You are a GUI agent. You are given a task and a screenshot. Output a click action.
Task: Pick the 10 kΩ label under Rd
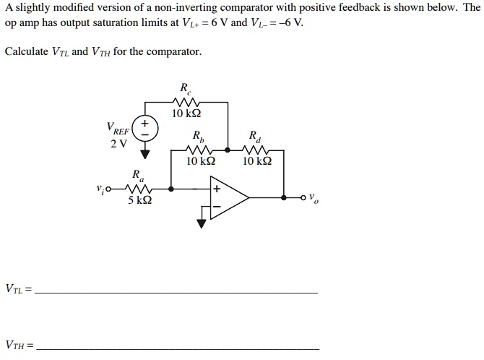pyautogui.click(x=256, y=161)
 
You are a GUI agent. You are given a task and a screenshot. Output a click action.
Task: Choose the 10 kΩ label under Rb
pyautogui.click(x=199, y=161)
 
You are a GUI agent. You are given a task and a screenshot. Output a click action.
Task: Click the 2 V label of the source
pyautogui.click(x=118, y=142)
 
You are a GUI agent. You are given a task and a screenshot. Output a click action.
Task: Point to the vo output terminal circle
pyautogui.click(x=304, y=197)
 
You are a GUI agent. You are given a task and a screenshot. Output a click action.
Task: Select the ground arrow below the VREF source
pyautogui.click(x=146, y=153)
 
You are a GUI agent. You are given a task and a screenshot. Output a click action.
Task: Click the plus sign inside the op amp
pyautogui.click(x=215, y=189)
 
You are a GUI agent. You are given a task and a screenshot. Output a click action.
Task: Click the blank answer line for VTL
pyautogui.click(x=176, y=291)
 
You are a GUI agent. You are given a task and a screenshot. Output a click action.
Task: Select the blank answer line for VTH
pyautogui.click(x=178, y=348)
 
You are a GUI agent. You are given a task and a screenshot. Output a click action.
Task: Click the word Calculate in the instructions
pyautogui.click(x=27, y=52)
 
